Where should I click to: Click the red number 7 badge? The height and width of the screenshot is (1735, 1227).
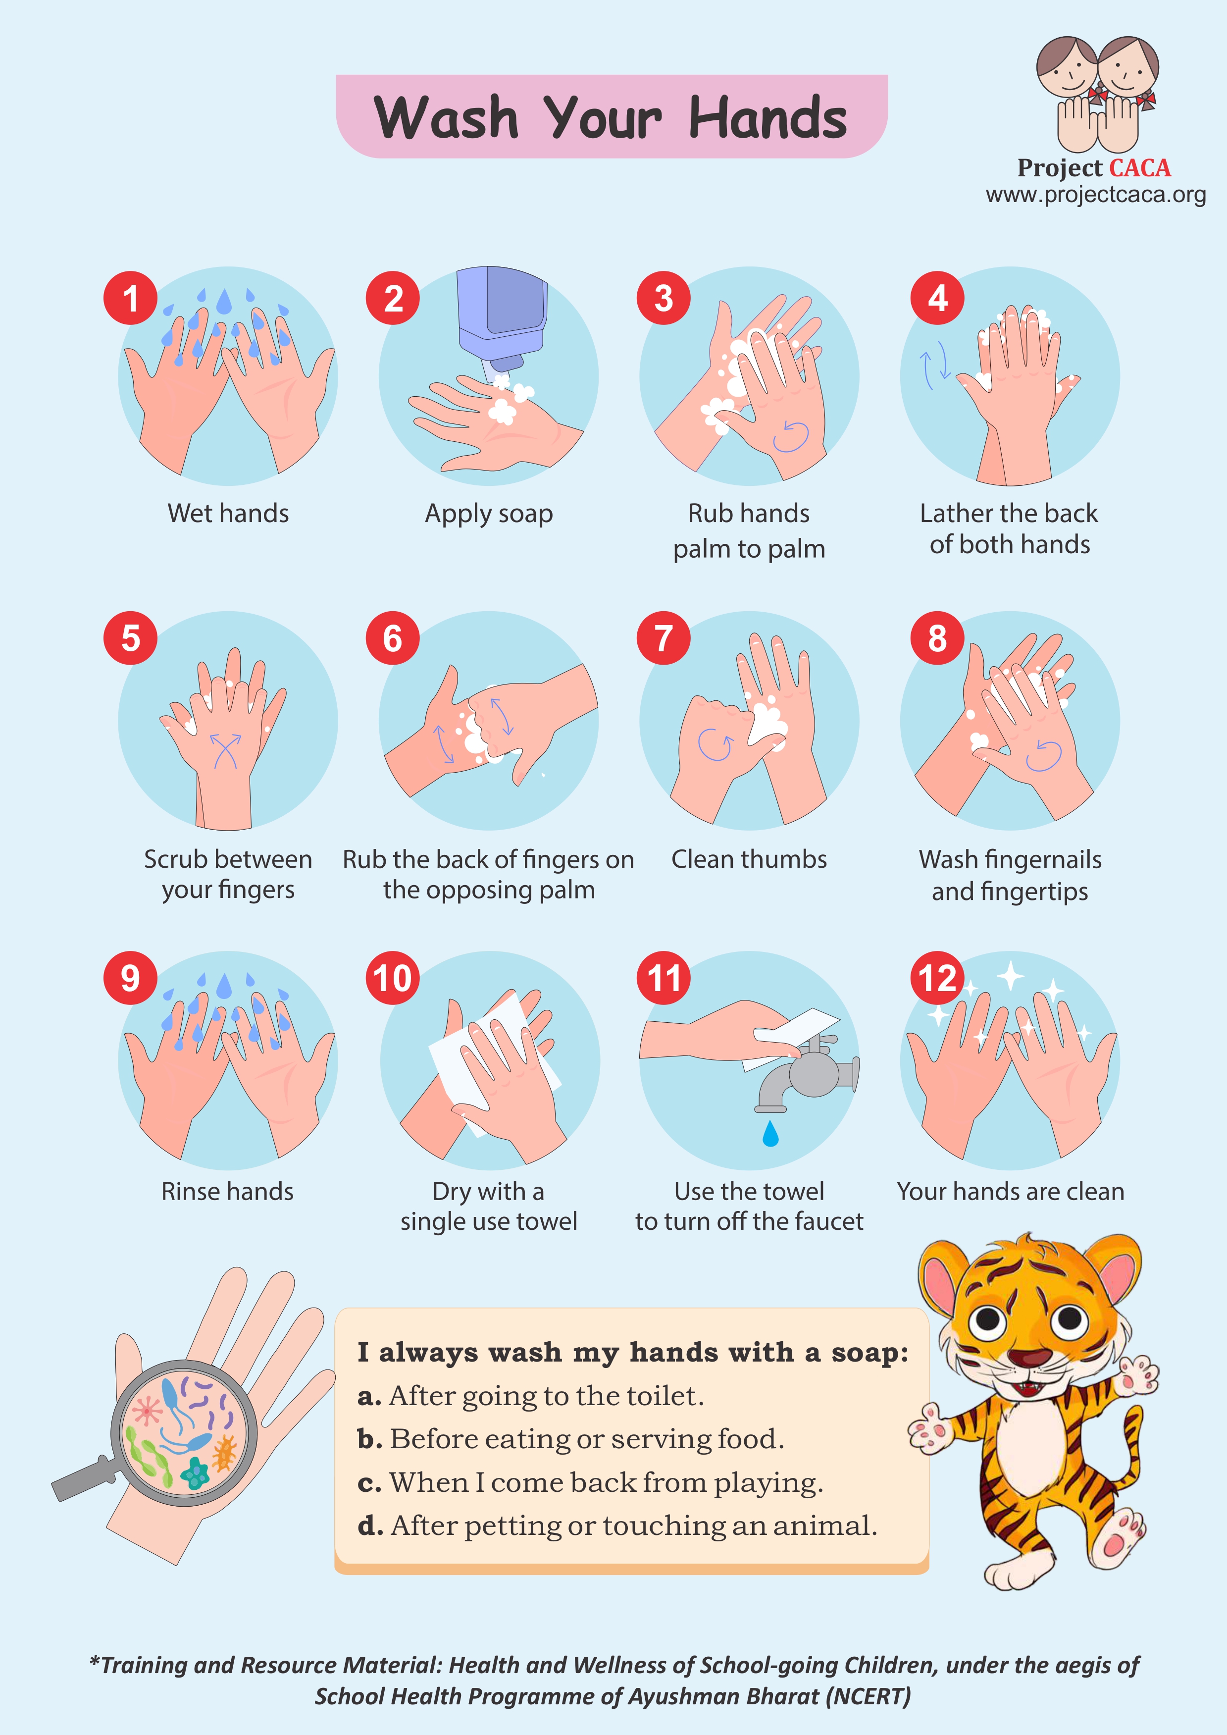pyautogui.click(x=664, y=638)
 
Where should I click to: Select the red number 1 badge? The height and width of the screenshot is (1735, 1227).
pyautogui.click(x=131, y=298)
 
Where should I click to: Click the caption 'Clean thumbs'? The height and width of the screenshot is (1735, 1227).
pyautogui.click(x=749, y=859)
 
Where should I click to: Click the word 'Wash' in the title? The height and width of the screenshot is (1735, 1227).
pyautogui.click(x=447, y=118)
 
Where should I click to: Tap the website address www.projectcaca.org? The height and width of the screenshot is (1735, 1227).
pyautogui.click(x=1095, y=195)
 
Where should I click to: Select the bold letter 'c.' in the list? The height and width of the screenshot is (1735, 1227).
pyautogui.click(x=369, y=1483)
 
